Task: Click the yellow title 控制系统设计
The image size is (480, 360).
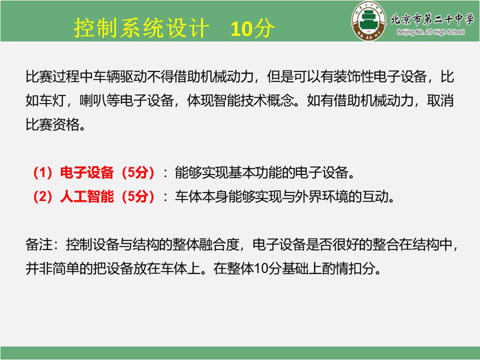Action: [141, 28]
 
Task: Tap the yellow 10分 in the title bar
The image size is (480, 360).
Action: [252, 29]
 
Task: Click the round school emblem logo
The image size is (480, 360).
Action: [369, 21]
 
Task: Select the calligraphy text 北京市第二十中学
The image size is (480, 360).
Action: [432, 19]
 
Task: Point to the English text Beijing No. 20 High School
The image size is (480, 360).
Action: [431, 32]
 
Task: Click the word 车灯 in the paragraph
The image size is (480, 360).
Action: [52, 100]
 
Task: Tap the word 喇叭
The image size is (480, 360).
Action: [93, 100]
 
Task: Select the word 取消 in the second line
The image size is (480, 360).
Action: [440, 100]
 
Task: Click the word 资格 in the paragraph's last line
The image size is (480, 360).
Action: [66, 125]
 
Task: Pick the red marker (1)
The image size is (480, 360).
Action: [43, 173]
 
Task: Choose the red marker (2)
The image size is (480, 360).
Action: [43, 197]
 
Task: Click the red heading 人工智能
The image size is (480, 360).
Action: [87, 197]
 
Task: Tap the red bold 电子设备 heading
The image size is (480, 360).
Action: [87, 173]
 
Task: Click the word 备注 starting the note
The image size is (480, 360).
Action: [39, 245]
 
